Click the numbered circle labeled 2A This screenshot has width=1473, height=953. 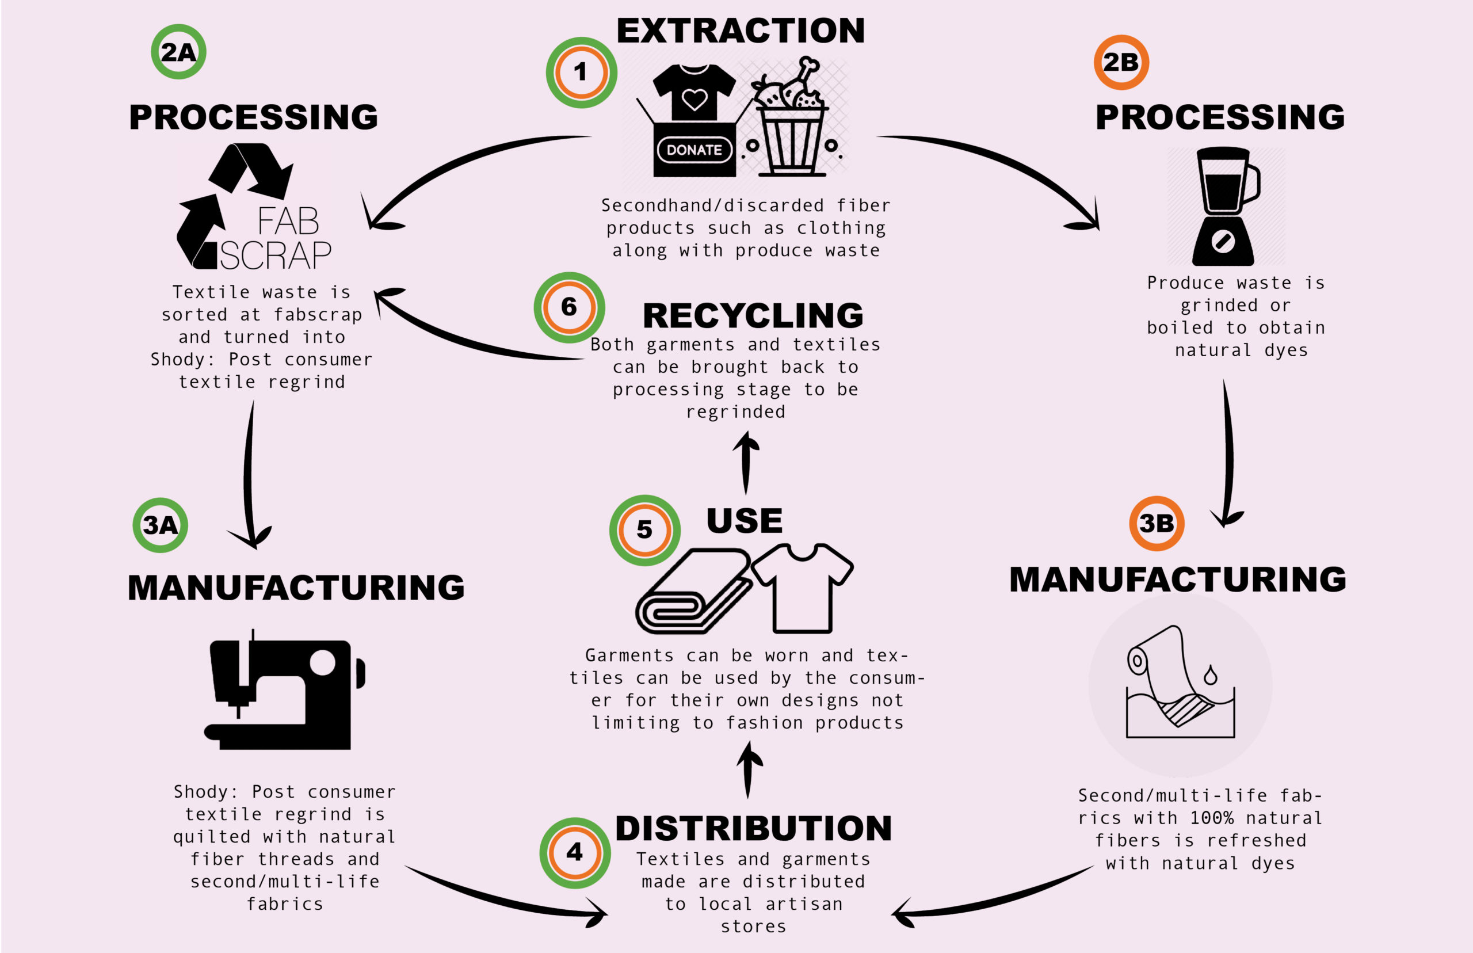pyautogui.click(x=178, y=52)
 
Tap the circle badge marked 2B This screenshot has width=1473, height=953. pyautogui.click(x=1120, y=62)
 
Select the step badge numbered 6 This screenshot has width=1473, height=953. pyautogui.click(x=568, y=307)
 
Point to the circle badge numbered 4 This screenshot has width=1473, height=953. pyautogui.click(x=575, y=852)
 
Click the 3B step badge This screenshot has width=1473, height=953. pyautogui.click(x=1157, y=524)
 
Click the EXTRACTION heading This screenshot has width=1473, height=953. pyautogui.click(x=740, y=31)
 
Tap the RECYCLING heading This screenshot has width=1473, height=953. pyautogui.click(x=752, y=315)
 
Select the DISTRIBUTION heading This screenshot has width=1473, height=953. pyautogui.click(x=753, y=828)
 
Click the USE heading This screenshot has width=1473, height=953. pyautogui.click(x=744, y=520)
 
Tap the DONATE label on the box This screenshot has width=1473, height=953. pyautogui.click(x=694, y=150)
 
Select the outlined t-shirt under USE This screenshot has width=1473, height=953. pyautogui.click(x=803, y=588)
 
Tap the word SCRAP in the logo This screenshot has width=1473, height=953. pyautogui.click(x=275, y=255)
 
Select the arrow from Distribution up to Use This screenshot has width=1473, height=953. pyautogui.click(x=749, y=770)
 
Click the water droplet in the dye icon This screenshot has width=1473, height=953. pyautogui.click(x=1210, y=675)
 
